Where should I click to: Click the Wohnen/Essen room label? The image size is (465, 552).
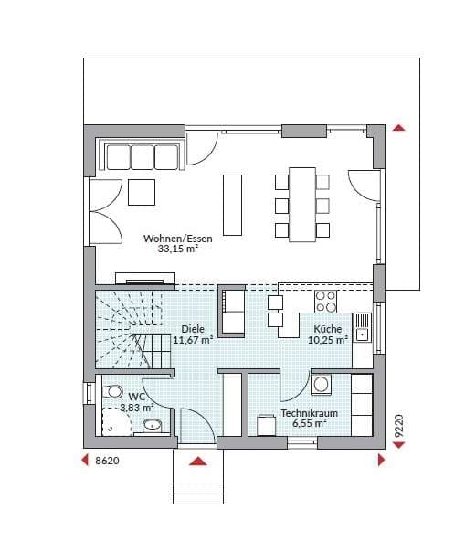click(178, 239)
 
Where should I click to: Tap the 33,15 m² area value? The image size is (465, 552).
click(177, 249)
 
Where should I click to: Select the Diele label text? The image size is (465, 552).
click(193, 329)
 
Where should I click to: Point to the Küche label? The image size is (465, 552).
click(328, 329)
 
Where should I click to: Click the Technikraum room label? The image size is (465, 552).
click(310, 413)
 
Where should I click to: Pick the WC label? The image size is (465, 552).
click(137, 397)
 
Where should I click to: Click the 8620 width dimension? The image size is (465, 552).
click(108, 461)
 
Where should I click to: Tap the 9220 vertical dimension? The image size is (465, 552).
click(398, 426)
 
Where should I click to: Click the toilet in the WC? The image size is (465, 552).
click(112, 391)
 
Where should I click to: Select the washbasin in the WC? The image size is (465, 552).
click(152, 426)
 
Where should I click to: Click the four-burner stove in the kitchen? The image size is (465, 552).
click(325, 302)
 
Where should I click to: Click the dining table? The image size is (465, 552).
click(302, 205)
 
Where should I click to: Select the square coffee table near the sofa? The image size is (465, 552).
click(142, 192)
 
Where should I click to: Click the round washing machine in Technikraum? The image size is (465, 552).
click(321, 384)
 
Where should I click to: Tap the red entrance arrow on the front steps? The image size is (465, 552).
click(198, 461)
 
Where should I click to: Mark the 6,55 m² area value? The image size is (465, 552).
click(310, 423)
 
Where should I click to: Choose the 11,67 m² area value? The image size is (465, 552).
click(194, 340)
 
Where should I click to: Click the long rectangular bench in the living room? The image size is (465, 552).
click(232, 205)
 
